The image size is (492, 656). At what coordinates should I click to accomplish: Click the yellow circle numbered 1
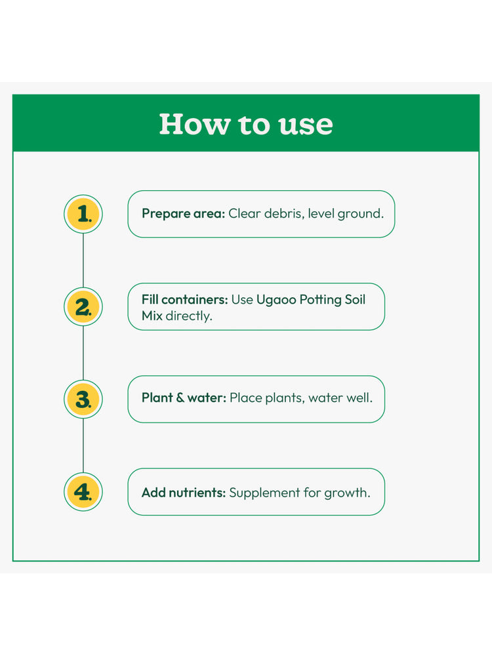(83, 214)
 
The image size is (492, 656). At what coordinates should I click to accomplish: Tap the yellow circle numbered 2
(83, 306)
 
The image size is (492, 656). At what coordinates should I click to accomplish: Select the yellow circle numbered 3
(83, 399)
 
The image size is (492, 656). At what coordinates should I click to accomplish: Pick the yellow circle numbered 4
(83, 491)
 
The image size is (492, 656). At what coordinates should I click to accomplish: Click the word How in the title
(195, 124)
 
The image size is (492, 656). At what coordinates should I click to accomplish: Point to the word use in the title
(306, 125)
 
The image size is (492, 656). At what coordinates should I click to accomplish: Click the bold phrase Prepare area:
(183, 214)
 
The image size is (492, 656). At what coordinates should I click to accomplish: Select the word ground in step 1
(359, 214)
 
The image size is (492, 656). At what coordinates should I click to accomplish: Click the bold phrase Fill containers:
(184, 300)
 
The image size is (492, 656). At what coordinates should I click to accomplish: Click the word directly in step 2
(188, 316)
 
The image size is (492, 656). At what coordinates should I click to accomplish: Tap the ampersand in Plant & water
(180, 398)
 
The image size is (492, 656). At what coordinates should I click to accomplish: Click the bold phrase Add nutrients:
(184, 493)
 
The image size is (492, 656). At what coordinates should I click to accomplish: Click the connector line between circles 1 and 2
(83, 260)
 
